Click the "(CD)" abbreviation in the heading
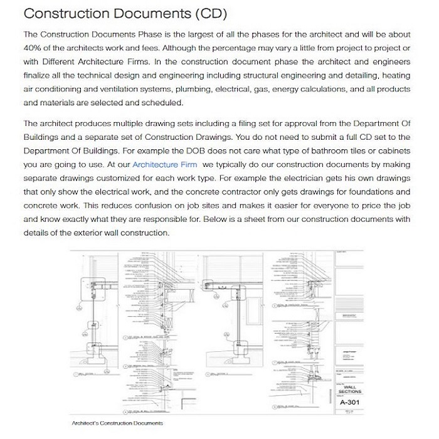click(206, 13)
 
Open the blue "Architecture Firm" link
click(164, 164)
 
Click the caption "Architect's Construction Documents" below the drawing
click(117, 423)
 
